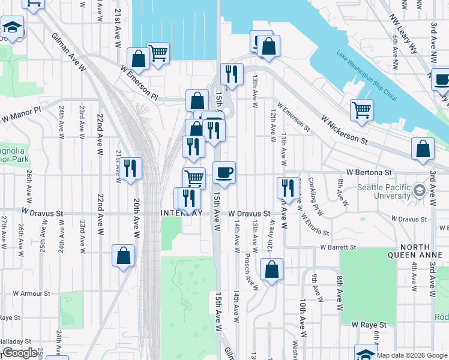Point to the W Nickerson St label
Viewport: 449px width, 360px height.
[345, 130]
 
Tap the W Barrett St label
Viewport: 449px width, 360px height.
[338, 247]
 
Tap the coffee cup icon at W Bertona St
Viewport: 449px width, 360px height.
[224, 173]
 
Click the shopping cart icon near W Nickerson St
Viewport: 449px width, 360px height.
[361, 109]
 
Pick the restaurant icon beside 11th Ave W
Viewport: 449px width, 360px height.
[288, 187]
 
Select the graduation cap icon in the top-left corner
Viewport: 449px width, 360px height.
[12, 28]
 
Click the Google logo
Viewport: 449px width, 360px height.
[20, 353]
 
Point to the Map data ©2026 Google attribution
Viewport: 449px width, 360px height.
[412, 355]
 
